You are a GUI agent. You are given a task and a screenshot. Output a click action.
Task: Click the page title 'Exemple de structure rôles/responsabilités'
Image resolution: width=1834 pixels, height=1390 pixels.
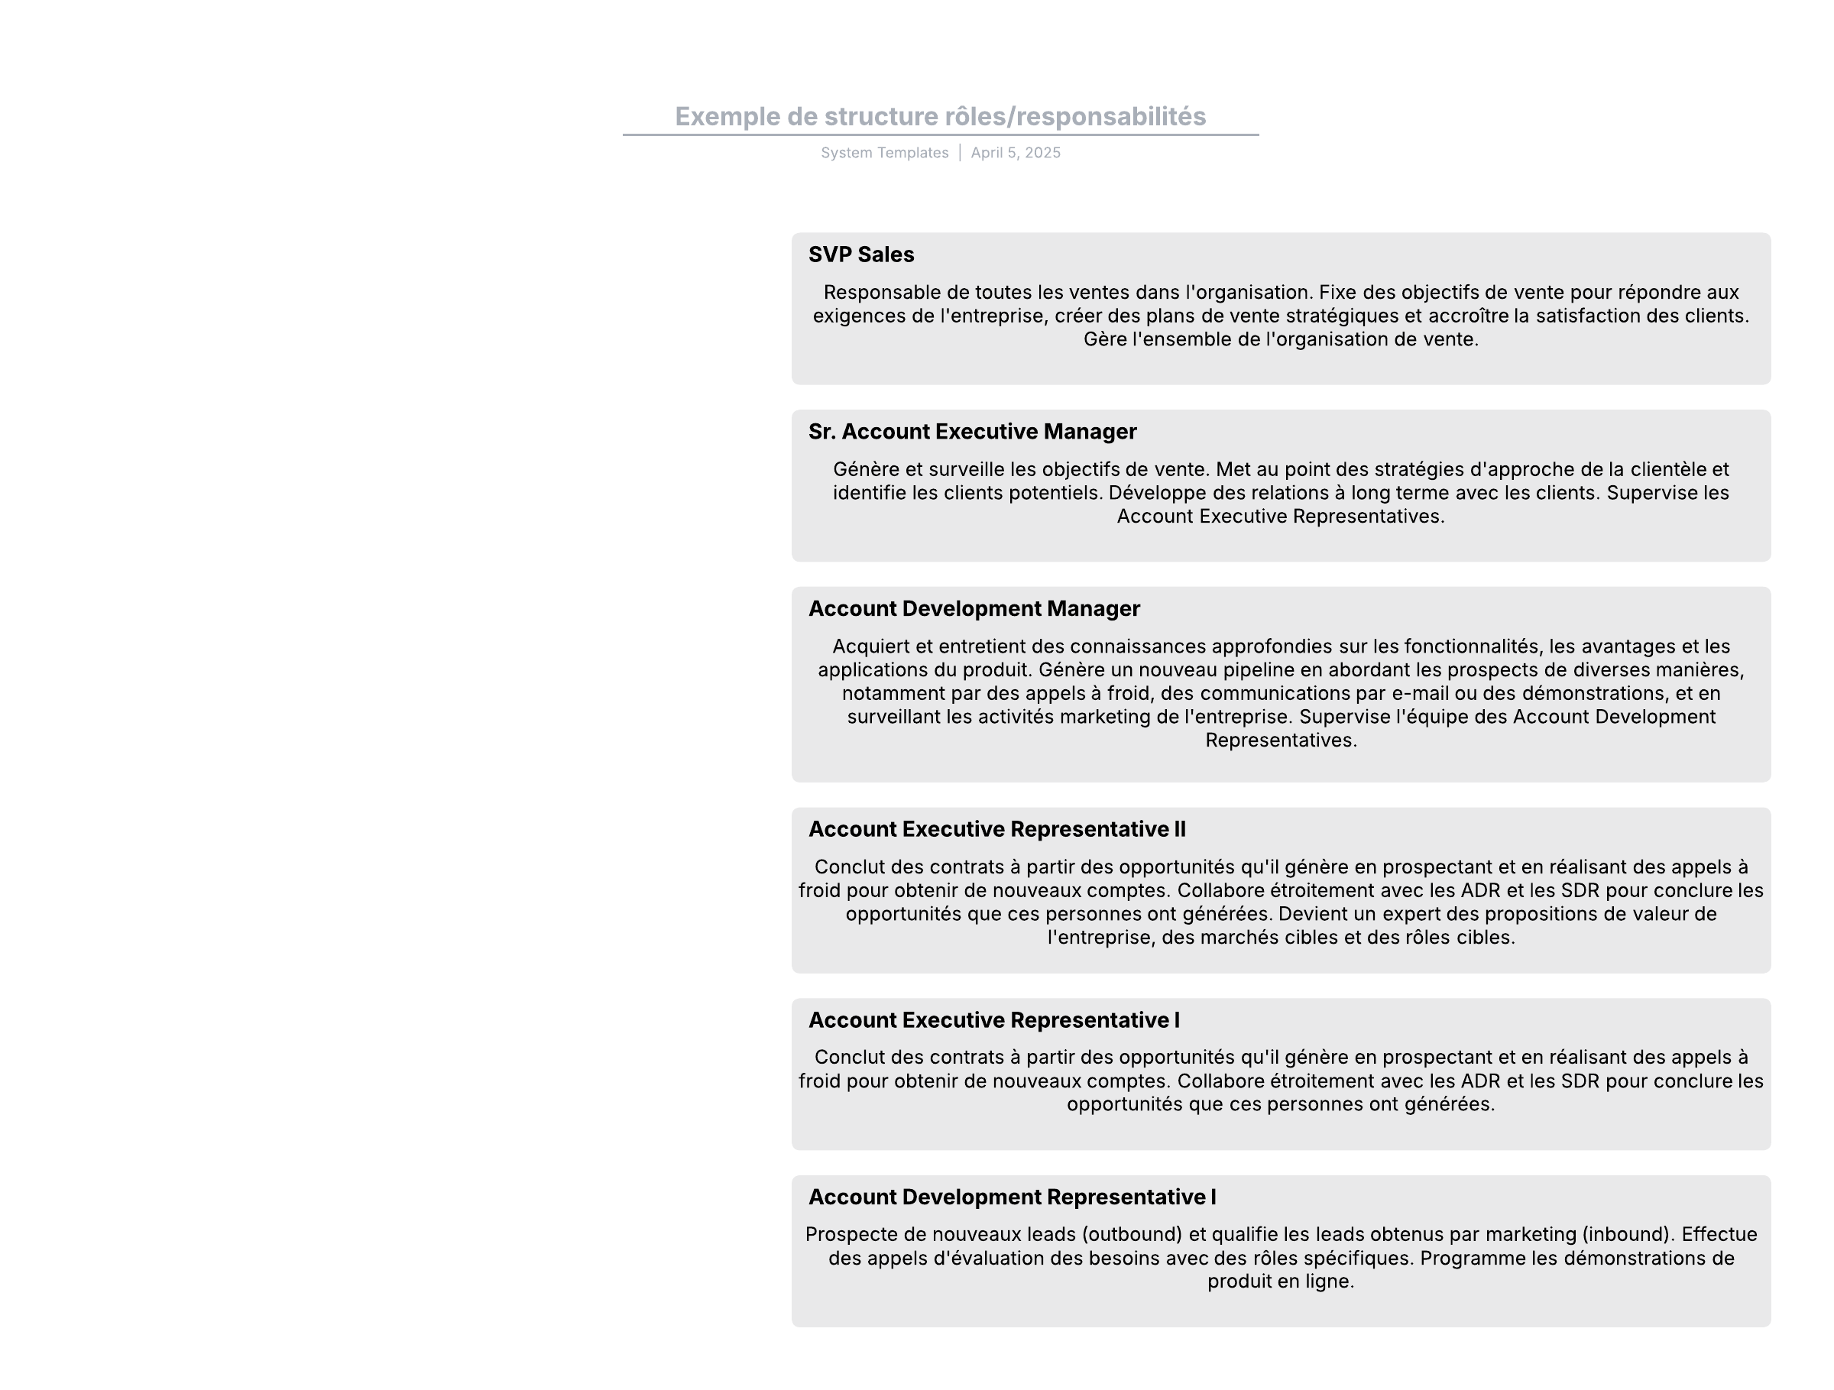pyautogui.click(x=940, y=116)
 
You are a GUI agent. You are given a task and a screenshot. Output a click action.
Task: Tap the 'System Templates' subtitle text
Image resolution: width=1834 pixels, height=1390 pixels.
pyautogui.click(x=884, y=153)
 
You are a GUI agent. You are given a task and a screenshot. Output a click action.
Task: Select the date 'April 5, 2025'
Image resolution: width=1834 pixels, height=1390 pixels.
pyautogui.click(x=1016, y=153)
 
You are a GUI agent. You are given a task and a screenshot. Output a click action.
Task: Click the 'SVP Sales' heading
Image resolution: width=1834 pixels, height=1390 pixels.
pyautogui.click(x=860, y=254)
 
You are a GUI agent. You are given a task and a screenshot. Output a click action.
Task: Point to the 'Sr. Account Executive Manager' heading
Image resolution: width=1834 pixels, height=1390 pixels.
pyautogui.click(x=972, y=432)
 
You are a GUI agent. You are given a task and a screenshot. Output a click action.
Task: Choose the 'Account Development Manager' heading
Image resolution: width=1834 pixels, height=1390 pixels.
pyautogui.click(x=974, y=608)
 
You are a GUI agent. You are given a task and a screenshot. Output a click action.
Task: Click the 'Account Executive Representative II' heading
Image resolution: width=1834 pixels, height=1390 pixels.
pyautogui.click(x=996, y=829)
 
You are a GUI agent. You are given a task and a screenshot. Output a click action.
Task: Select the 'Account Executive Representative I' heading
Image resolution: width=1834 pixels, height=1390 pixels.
pyautogui.click(x=993, y=1019)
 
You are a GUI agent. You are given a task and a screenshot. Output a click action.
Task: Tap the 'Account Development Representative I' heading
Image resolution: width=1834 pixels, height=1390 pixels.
pyautogui.click(x=1012, y=1197)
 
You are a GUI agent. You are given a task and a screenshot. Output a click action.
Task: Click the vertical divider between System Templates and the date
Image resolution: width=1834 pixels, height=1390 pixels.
pyautogui.click(x=960, y=153)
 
